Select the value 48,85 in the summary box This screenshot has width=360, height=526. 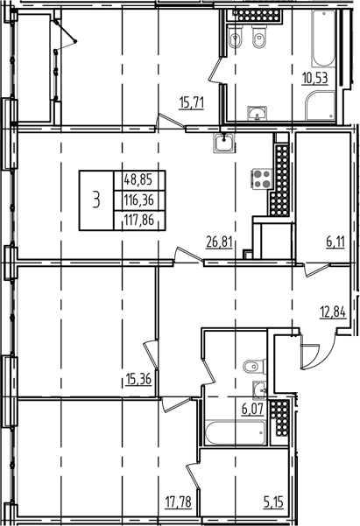tap(138, 178)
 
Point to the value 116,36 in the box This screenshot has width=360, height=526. tap(138, 200)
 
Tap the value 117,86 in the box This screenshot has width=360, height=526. tap(138, 221)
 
